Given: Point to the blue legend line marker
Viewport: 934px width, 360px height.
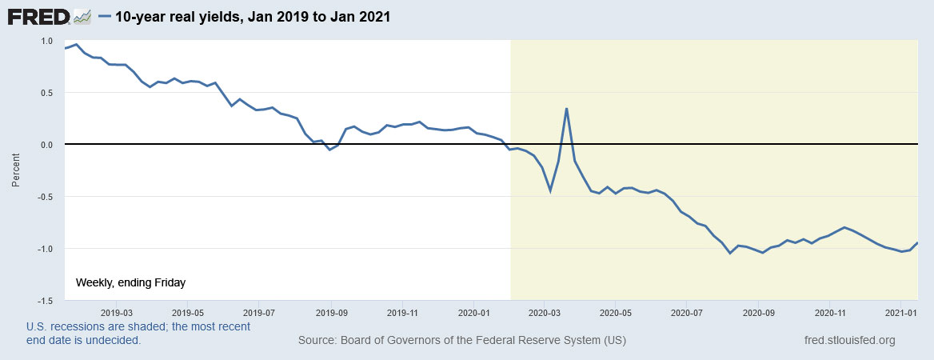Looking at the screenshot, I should click(x=104, y=16).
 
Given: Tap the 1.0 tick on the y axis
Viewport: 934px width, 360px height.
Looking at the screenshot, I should click(x=46, y=41).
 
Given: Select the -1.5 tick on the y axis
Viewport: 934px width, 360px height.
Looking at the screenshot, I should click(x=45, y=300).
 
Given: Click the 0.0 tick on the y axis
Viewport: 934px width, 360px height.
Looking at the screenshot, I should click(x=46, y=145).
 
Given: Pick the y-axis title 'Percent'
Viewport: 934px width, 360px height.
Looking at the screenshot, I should click(x=16, y=170).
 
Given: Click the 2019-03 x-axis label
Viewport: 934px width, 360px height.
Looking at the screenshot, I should click(x=117, y=312).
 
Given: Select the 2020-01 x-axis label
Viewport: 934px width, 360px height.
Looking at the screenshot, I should click(x=474, y=312).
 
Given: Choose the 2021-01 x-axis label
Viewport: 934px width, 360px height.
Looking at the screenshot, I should click(x=901, y=312).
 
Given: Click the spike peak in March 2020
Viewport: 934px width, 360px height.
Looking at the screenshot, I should click(x=566, y=109).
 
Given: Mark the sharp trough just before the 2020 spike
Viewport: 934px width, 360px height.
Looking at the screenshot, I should click(x=550, y=191).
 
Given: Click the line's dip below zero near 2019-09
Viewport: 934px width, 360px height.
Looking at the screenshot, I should click(x=329, y=150).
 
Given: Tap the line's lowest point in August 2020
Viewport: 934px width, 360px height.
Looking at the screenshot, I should click(x=730, y=253).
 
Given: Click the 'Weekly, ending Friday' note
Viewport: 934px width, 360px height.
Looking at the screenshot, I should click(x=130, y=282).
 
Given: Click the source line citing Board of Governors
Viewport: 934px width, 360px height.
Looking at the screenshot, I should click(x=461, y=341).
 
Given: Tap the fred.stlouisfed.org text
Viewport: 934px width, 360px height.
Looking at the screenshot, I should click(x=849, y=341).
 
